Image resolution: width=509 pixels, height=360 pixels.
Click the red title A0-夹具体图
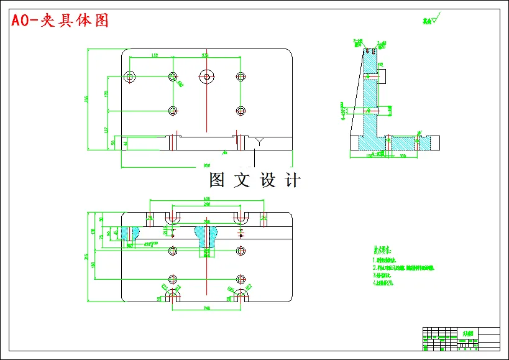60,20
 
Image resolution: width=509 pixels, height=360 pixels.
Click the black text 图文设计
255,180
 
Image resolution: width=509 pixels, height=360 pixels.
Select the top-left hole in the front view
130,76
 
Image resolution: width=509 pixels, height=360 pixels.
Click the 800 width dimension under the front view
206,165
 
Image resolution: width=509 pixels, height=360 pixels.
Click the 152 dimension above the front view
154,56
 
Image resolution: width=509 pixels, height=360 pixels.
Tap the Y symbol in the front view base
259,142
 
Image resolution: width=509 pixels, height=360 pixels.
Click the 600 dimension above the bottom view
206,199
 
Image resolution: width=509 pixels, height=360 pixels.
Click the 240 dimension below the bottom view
206,308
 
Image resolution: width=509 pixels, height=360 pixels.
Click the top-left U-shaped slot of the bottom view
172,218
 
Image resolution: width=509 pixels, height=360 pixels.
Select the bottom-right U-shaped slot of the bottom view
241,297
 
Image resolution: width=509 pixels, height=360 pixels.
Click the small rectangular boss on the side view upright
382,75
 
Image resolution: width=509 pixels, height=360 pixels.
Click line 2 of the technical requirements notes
404,267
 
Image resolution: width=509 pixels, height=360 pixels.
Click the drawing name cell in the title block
466,334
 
